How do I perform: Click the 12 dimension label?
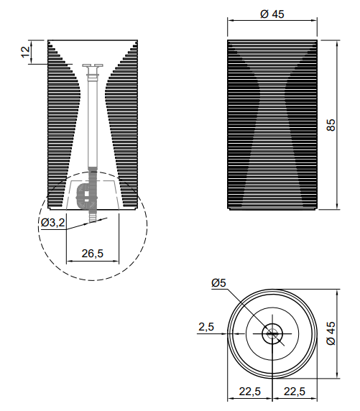pos(25,52)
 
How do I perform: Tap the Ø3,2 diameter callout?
pos(53,223)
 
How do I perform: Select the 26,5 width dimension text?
pos(93,254)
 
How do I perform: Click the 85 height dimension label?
pos(331,125)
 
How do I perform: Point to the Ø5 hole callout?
pos(218,283)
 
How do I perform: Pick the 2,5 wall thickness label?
pos(206,327)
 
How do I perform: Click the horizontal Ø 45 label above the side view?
pos(272,14)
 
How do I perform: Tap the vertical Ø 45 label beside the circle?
pos(331,333)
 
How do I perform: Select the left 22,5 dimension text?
pos(250,392)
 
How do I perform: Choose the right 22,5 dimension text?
pos(295,392)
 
